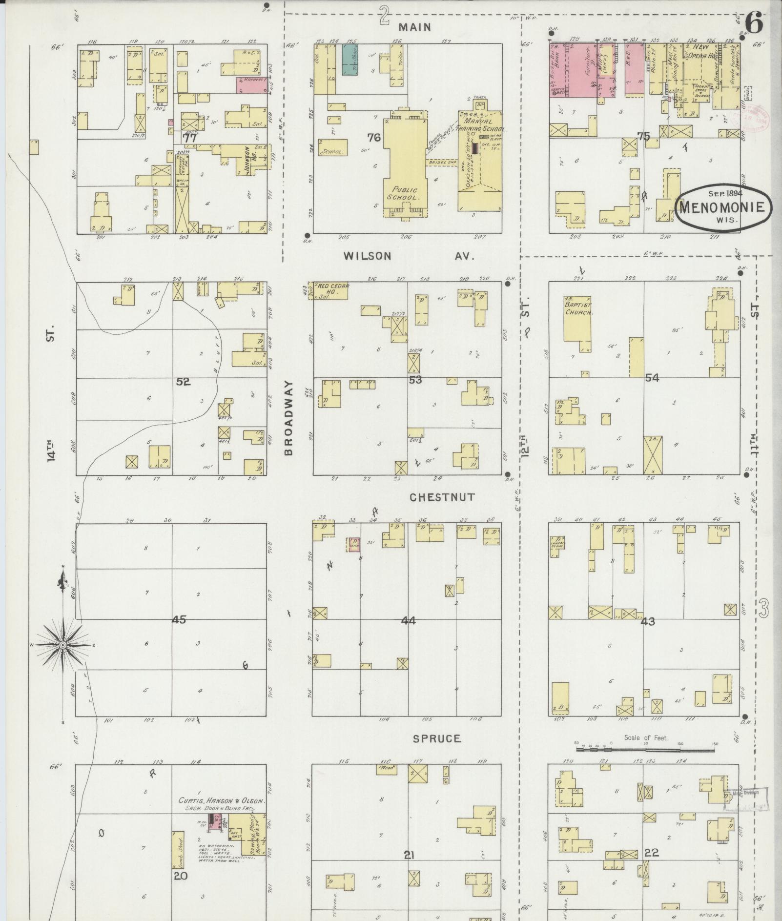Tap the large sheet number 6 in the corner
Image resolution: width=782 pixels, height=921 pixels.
click(x=754, y=23)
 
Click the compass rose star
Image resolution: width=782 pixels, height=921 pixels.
click(x=63, y=645)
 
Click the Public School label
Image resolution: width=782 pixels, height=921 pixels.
click(x=403, y=193)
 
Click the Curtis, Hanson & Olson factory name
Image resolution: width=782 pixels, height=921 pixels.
click(x=221, y=801)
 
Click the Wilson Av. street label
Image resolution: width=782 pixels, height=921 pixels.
click(x=409, y=256)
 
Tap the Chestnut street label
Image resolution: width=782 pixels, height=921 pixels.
click(x=442, y=497)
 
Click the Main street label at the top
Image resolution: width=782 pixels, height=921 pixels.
click(x=414, y=27)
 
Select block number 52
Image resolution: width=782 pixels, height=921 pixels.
click(x=183, y=382)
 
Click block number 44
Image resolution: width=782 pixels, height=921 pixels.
click(x=408, y=621)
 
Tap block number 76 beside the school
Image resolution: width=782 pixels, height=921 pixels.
click(x=374, y=138)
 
